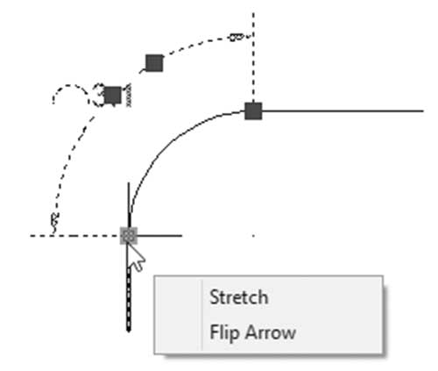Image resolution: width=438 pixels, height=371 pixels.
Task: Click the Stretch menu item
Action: coord(239,297)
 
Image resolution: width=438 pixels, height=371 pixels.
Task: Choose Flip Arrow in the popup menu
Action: coord(253,332)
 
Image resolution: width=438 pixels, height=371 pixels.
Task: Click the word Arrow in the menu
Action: coord(271,332)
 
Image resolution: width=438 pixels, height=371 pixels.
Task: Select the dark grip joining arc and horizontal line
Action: coord(253,111)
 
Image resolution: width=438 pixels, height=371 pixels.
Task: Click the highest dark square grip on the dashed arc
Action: coord(154,63)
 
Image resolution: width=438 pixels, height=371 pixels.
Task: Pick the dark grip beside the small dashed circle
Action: coord(113,95)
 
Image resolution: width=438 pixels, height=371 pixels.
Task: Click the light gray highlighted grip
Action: coord(129,236)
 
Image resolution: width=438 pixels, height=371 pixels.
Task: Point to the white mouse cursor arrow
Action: coord(136,257)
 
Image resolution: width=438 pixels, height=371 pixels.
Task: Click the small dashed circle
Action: coord(70,85)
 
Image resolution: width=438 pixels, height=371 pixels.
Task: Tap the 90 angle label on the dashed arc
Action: coord(237,37)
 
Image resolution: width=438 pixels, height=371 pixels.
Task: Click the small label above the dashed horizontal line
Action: coord(55,219)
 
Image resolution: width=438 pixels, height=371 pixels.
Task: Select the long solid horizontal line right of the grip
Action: coord(343,111)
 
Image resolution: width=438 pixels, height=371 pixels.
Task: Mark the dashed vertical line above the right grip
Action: coord(253,57)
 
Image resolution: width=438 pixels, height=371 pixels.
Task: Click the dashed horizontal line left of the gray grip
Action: coord(75,236)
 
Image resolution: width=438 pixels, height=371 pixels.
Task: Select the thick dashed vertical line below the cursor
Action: coord(129,300)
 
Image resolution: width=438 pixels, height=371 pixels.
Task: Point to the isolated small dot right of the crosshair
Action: coord(253,235)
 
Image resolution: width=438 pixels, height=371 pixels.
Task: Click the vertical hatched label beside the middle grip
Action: coord(128,95)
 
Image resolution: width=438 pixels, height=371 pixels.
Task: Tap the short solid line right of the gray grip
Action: coord(159,235)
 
